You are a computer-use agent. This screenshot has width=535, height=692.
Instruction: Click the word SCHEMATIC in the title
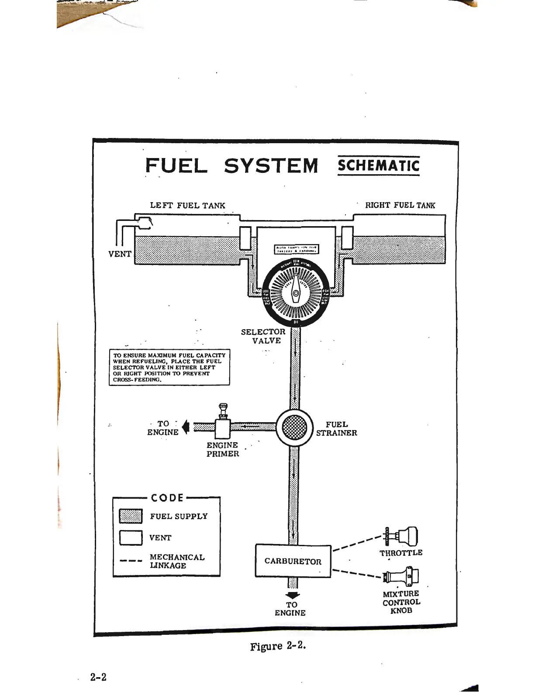pos(378,166)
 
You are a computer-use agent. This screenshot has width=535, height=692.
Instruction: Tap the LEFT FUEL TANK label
pos(187,205)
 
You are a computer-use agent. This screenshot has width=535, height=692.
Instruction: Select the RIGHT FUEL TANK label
pos(400,205)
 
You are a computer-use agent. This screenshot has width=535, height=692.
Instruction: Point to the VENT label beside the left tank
pos(120,254)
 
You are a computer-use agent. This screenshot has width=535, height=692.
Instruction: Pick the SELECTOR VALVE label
pos(263,336)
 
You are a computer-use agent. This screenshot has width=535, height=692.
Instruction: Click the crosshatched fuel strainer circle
pos(295,427)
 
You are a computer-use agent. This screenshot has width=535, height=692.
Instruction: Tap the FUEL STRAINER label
pos(336,429)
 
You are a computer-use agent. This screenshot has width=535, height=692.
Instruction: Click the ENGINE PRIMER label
pos(223,450)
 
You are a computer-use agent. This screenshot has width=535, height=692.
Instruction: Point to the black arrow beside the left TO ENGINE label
pos(186,427)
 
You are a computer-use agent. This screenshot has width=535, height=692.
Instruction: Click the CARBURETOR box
pos(293,561)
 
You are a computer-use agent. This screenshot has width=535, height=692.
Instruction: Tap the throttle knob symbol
pos(402,536)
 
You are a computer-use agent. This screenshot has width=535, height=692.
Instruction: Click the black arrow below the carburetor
pos(292,596)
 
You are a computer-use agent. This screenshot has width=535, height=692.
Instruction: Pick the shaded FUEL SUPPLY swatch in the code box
pos(131,516)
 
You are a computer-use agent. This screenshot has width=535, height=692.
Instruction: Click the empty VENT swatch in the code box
pos(131,537)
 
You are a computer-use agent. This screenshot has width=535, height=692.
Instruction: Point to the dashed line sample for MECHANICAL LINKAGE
pos(131,561)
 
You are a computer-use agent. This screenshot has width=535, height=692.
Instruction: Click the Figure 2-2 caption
pos(278,646)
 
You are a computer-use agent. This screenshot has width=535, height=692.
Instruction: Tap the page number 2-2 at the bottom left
pos(98,677)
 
